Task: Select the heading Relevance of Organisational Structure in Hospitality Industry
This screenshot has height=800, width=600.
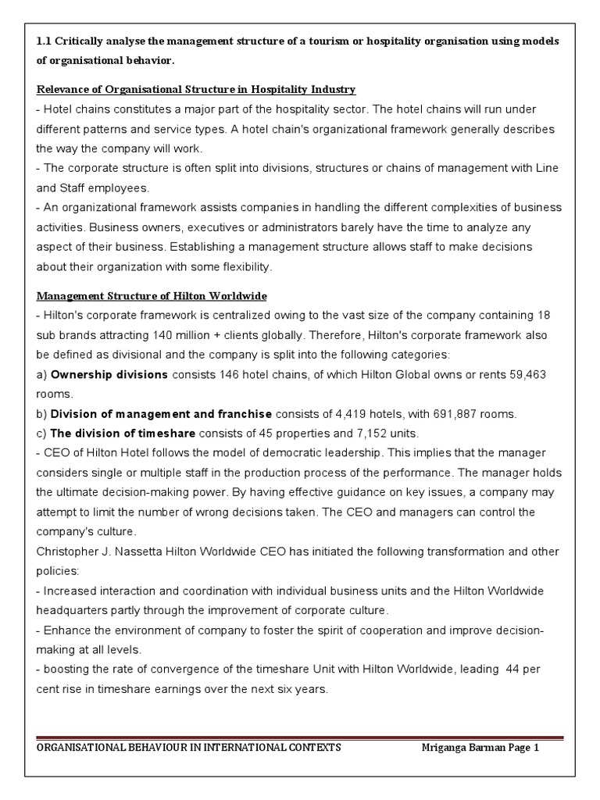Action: tap(196, 89)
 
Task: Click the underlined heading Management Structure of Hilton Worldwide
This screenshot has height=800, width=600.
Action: tap(152, 296)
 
